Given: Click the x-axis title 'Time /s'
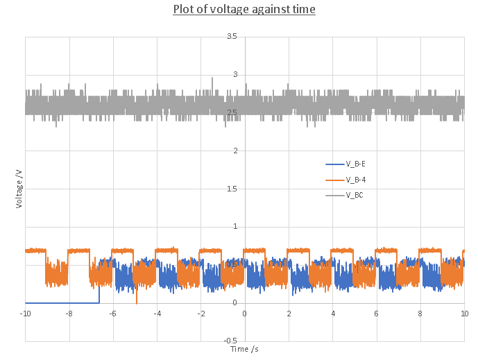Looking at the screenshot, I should (x=244, y=348).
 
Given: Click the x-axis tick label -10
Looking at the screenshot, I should (x=26, y=314).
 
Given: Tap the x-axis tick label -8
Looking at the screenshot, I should (x=69, y=314).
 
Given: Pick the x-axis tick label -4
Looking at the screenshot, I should (x=157, y=314).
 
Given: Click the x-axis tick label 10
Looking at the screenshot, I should (x=464, y=314).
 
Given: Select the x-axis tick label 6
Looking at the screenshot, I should (x=377, y=314).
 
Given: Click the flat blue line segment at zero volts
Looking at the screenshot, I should (x=62, y=302).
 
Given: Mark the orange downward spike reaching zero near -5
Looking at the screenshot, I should (x=136, y=300).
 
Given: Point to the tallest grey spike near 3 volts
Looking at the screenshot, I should (x=212, y=79).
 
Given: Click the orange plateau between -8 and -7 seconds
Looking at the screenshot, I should (x=78, y=250).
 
